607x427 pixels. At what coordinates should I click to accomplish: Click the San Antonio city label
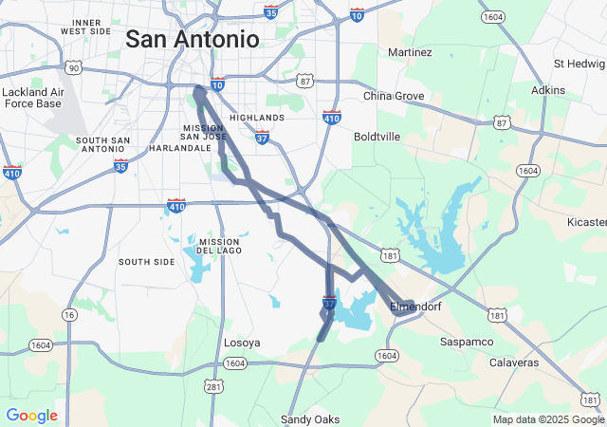pos(192,39)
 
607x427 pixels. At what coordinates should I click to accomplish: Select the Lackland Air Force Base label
pos(33,98)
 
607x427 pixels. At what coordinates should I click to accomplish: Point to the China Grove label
pos(394,96)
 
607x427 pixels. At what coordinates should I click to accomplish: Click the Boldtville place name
pos(377,137)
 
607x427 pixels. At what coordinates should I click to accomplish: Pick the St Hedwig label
pos(579,64)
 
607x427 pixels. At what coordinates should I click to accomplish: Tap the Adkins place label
pos(548,90)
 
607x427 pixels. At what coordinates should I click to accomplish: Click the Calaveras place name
pos(514,362)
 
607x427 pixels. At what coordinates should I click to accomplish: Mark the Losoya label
pos(241,343)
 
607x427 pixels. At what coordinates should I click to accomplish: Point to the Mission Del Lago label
pos(220,247)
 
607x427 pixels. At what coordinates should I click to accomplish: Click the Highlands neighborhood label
pos(256,118)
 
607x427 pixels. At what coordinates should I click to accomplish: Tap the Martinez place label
pos(410,52)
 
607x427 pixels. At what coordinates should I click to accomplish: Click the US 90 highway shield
pos(73,67)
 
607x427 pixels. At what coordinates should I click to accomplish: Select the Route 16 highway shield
pos(69,314)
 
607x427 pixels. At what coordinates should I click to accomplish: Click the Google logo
pos(31,416)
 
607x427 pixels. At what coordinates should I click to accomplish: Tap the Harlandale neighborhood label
pos(179,148)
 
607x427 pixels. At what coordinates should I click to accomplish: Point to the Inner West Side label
pos(86,27)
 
